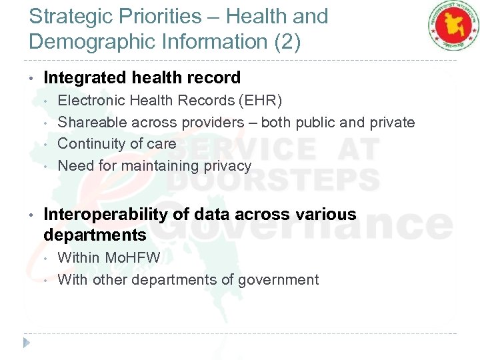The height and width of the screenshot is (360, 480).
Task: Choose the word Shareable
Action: pos(92,123)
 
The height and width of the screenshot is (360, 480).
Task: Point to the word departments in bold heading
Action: pos(95,235)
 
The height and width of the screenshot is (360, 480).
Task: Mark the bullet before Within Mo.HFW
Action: pos(46,258)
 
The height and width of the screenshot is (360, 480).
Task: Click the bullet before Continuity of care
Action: pos(46,144)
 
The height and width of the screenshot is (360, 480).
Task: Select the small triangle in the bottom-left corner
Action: pos(27,343)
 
